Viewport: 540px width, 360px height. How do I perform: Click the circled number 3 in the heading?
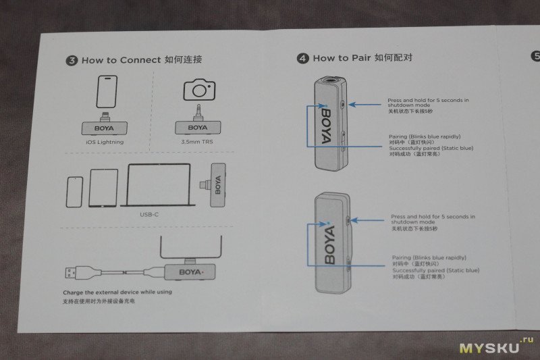(72, 61)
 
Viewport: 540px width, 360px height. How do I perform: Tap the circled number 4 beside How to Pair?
(303, 59)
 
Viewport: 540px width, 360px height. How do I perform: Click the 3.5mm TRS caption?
(198, 143)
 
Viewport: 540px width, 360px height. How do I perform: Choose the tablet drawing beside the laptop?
(103, 188)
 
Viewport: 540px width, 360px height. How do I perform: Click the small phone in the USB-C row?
(74, 192)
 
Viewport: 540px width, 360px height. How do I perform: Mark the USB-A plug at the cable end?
(72, 273)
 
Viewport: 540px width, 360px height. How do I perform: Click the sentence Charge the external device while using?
(117, 292)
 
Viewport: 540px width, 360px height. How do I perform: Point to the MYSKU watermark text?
(489, 348)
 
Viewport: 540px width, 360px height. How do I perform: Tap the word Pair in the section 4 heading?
(364, 58)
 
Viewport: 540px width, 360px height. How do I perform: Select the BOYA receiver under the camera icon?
(198, 127)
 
